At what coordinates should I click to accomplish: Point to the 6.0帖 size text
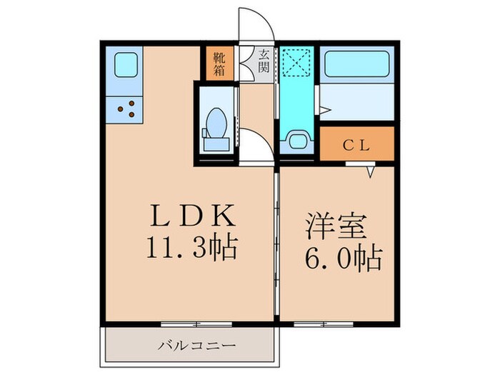point(341,256)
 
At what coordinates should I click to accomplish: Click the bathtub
point(356,69)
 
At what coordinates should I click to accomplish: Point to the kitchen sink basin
point(126,66)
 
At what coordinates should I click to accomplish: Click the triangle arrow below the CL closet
point(371,171)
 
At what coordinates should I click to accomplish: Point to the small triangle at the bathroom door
point(325,111)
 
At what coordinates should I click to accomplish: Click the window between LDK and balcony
point(186,324)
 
